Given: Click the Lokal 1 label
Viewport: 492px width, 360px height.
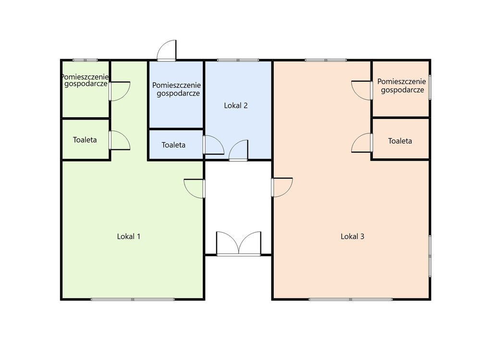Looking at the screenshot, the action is coord(129,237).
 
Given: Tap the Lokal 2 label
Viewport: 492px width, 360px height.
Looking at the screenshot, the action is coord(235,106).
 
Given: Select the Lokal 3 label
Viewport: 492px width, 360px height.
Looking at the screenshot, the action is coord(352,237).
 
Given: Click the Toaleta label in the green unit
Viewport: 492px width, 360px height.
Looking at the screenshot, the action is coord(85,140).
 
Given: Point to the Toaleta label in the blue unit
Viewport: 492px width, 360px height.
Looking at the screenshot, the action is coord(173,145).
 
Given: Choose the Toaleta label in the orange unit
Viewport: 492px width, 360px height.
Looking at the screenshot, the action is coord(400,141).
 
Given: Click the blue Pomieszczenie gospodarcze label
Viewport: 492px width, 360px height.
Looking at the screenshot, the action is coord(176,89).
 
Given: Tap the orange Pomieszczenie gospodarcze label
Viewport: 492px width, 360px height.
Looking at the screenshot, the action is coord(402,85).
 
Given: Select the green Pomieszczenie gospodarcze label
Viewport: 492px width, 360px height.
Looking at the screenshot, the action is coord(85,80).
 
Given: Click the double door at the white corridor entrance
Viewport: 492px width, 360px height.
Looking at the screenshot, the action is coord(239,243).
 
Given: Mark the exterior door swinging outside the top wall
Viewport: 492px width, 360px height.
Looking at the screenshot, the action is coord(167,50).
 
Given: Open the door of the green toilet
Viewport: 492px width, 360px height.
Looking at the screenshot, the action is coord(120,140).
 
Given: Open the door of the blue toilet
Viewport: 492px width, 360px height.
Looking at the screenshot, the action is coord(213,145).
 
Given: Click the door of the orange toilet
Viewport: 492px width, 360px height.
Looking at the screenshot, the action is coord(362,143).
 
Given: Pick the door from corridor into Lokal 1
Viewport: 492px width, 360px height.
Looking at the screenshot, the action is coord(195,189).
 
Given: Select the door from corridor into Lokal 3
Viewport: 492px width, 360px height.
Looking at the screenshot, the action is coord(282,188).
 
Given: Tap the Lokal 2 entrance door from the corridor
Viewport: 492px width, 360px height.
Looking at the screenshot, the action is coord(238,151).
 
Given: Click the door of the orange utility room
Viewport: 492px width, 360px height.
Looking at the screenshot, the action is coord(362,90).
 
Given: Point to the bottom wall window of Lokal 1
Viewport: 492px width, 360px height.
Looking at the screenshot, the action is coord(133,300).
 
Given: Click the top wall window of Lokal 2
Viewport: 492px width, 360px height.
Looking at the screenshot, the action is coord(238,60).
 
